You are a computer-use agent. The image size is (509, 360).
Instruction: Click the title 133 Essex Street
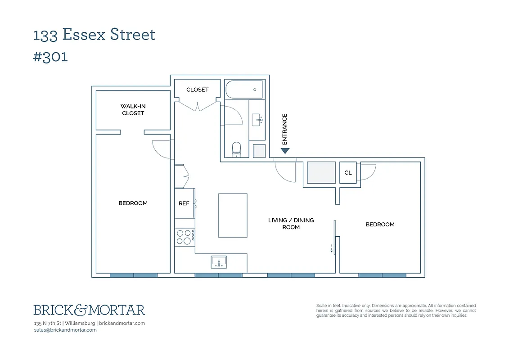tap(94, 35)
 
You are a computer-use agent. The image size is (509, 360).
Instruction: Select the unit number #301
tap(50, 57)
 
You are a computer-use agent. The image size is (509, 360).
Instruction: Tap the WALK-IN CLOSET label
tap(133, 110)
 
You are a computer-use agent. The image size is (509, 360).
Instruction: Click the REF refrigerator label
tap(184, 203)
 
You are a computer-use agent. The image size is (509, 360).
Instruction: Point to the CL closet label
tap(348, 173)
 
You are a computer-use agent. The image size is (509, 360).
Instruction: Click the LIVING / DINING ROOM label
tap(291, 224)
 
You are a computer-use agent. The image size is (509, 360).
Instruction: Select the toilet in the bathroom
tap(237, 149)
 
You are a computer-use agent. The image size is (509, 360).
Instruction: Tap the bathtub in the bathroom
tap(244, 90)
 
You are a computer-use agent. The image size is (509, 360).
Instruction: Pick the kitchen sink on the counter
tap(219, 261)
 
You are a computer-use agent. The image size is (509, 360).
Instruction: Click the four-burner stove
tap(185, 237)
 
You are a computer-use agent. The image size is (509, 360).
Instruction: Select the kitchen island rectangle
tap(233, 215)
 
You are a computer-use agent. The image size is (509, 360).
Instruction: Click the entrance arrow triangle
tap(285, 151)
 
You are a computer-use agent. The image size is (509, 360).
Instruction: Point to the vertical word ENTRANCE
tap(284, 129)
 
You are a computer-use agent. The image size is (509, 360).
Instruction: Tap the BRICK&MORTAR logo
tap(89, 310)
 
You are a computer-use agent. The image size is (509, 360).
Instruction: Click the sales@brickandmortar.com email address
tap(65, 330)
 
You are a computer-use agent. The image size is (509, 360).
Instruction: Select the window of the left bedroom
tap(134, 275)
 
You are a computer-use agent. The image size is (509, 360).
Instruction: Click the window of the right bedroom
tap(382, 275)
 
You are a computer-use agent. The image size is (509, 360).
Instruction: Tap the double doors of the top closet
tap(197, 106)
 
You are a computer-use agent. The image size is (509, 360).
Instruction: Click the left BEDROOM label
tap(133, 203)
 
